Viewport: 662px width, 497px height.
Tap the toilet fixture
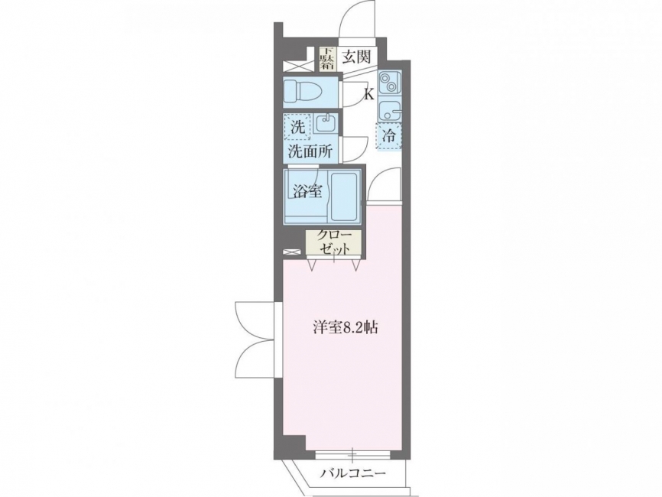(x=303, y=91)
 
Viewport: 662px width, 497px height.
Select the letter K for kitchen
(x=369, y=95)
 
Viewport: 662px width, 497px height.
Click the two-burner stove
(x=388, y=83)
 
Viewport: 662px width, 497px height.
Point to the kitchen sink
(x=388, y=110)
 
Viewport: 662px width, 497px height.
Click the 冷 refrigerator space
(x=388, y=136)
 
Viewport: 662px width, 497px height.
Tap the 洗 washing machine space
(x=297, y=127)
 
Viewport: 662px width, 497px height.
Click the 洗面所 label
(x=310, y=151)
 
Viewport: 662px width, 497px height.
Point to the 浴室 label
(x=308, y=191)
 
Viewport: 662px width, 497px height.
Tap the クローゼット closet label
(x=334, y=242)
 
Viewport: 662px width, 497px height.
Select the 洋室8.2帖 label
(x=345, y=327)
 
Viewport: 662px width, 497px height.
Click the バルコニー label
(x=352, y=473)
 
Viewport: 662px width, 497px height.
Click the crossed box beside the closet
(x=292, y=252)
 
